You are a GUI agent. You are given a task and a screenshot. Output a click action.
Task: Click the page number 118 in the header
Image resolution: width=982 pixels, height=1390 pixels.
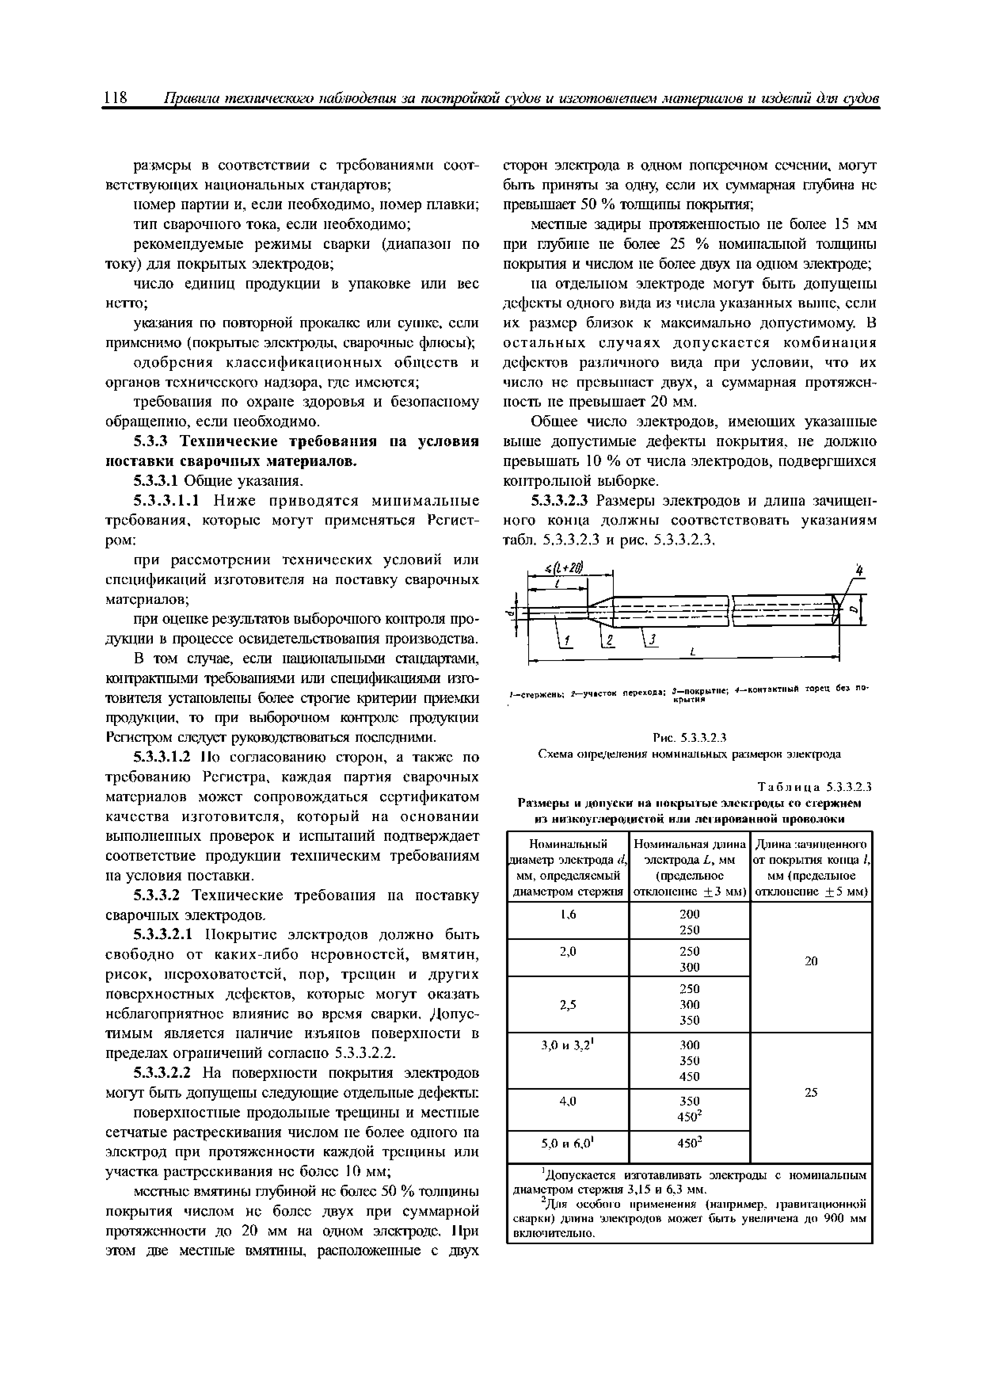pos(115,98)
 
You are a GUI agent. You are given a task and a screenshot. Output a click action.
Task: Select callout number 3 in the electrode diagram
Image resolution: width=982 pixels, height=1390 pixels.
pos(651,640)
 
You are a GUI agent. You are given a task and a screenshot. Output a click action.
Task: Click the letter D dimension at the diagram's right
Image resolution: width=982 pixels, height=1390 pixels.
pos(854,611)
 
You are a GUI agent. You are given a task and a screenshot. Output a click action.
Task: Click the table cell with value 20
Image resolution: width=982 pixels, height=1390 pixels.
pos(811,961)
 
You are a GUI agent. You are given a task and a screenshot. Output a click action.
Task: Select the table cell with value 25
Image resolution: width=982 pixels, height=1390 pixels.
pos(811,1092)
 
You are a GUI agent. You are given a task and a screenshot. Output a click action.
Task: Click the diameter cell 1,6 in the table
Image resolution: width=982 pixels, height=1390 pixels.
pos(567,915)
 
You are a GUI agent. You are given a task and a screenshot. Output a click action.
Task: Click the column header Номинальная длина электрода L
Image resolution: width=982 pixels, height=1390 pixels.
pos(689,867)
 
